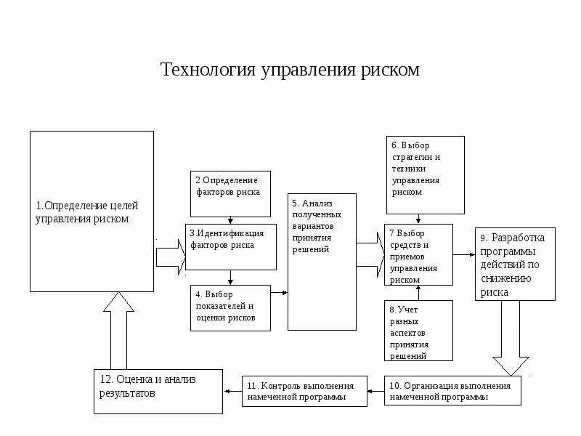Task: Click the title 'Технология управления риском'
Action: point(290,70)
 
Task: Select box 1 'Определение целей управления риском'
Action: point(92,211)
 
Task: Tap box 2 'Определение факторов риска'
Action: point(230,193)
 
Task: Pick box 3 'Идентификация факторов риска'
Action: point(230,247)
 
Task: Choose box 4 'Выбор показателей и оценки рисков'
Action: point(230,308)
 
